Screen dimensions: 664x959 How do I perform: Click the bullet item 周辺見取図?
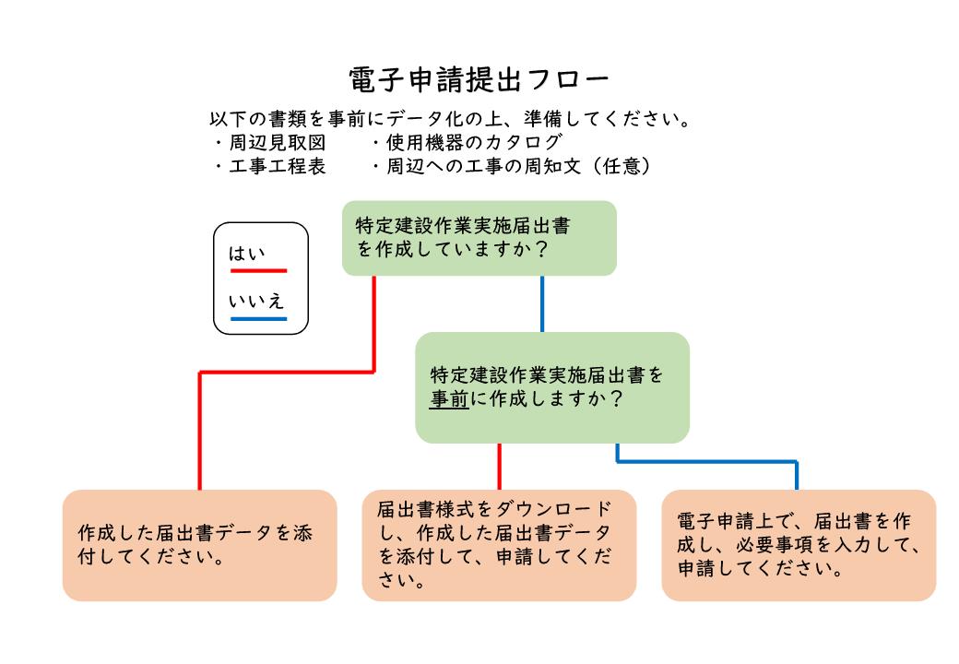coord(277,144)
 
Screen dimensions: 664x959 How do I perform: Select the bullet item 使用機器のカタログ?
coord(466,144)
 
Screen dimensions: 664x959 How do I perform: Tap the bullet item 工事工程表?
coord(277,167)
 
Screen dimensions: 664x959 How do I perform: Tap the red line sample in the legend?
coord(258,271)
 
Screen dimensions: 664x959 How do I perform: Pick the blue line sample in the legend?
coord(258,319)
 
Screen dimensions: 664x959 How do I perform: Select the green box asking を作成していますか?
coord(479,238)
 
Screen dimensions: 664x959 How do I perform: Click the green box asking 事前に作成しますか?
coord(551,388)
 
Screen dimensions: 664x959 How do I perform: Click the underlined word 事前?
coord(449,401)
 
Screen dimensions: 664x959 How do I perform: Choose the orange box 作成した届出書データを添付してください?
coord(199,545)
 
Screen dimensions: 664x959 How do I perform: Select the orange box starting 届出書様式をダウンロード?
coord(499,545)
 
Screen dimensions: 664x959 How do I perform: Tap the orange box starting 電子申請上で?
coord(798,545)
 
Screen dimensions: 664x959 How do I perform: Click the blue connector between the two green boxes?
coord(541,304)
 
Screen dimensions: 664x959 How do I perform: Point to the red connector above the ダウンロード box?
coord(499,466)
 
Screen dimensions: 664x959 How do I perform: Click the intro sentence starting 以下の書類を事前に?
coord(451,121)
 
